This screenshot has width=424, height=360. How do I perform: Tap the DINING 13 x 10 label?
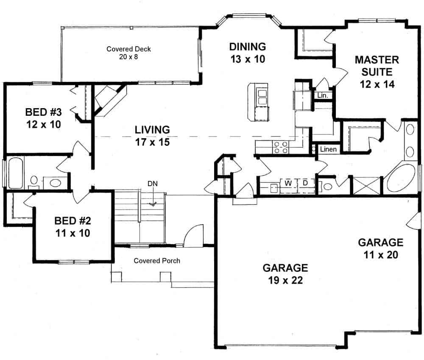point(247,53)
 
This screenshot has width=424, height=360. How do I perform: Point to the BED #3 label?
point(43,118)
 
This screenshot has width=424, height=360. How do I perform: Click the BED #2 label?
point(72,227)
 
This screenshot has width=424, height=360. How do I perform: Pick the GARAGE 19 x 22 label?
point(285,273)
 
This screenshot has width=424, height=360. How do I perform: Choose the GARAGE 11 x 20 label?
point(380,248)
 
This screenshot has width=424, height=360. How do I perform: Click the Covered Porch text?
point(157,260)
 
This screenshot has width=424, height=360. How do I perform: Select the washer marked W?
point(287,184)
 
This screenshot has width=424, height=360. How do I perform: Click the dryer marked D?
point(305,184)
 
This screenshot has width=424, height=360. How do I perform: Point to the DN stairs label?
point(153,184)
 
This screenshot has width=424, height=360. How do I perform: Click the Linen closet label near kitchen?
point(328,149)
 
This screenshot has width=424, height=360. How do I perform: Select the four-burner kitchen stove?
point(280,147)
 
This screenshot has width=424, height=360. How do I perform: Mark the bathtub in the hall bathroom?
point(16,173)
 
